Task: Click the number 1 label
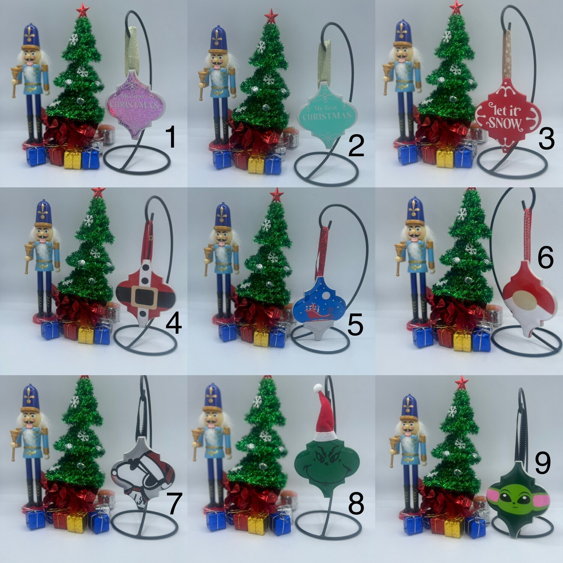pyautogui.click(x=170, y=137)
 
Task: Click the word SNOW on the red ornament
pyautogui.click(x=505, y=124)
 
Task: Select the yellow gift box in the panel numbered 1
pyautogui.click(x=72, y=159)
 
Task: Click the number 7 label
pyautogui.click(x=174, y=504)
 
